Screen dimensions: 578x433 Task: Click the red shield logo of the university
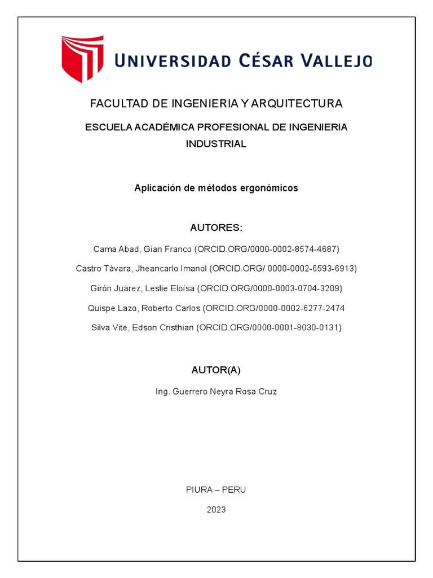(82, 58)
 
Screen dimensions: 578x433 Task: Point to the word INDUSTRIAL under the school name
(216, 144)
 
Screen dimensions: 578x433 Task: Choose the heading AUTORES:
(216, 228)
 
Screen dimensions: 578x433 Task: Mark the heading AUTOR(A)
(216, 370)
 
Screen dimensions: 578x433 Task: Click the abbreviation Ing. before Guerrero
(162, 391)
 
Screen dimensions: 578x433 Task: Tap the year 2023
(216, 510)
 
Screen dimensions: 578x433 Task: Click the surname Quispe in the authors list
(101, 308)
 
